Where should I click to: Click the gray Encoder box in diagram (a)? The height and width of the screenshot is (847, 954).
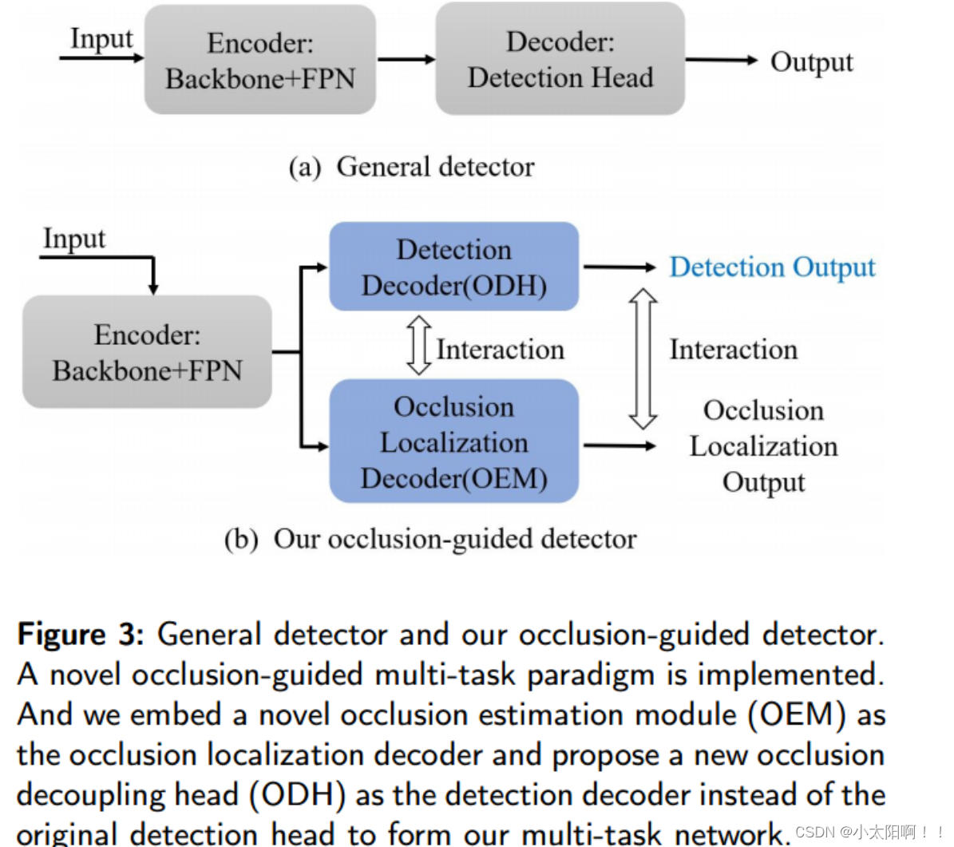(x=259, y=61)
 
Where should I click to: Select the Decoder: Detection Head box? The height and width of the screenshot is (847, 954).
(x=560, y=60)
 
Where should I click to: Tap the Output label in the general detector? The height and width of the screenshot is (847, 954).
(x=811, y=62)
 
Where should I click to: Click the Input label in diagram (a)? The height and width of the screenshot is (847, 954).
(x=101, y=38)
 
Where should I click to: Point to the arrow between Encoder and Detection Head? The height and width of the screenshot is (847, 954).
(x=406, y=59)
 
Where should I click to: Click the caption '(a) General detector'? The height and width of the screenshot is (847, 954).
(x=411, y=167)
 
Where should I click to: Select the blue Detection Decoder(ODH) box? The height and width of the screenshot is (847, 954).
(x=453, y=267)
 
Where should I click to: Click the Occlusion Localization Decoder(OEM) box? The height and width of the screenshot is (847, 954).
(x=453, y=442)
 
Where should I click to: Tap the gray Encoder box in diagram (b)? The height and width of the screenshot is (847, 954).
(x=147, y=352)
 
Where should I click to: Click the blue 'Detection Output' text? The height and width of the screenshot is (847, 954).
(x=771, y=267)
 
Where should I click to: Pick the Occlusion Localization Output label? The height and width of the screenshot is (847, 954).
(x=763, y=446)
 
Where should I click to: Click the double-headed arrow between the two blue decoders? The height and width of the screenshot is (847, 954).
(x=418, y=346)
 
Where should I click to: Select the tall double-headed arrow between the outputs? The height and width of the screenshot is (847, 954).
(x=643, y=359)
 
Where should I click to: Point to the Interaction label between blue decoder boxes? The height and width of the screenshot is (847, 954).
(x=500, y=350)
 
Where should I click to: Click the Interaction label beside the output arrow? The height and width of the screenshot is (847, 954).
(x=733, y=350)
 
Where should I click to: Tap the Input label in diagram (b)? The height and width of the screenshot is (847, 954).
(x=73, y=238)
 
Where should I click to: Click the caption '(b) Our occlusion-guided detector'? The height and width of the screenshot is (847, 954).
(x=430, y=539)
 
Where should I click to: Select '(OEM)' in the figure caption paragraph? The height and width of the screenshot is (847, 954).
(x=796, y=714)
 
